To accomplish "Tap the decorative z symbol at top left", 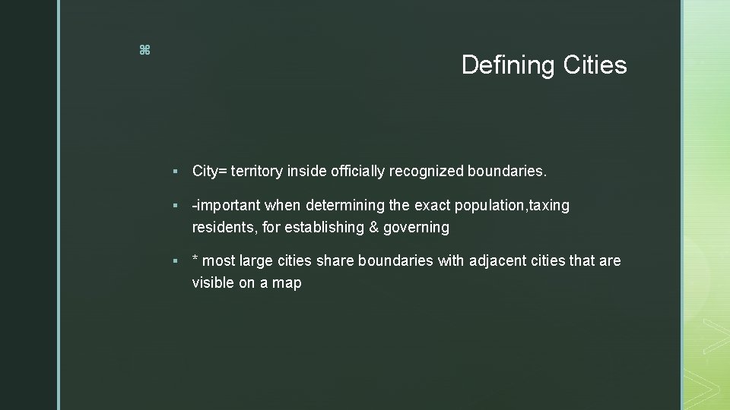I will (145, 51).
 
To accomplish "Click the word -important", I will (227, 206).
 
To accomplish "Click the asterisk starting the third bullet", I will (195, 260).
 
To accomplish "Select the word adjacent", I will (498, 260).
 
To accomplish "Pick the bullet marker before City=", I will (176, 172).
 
